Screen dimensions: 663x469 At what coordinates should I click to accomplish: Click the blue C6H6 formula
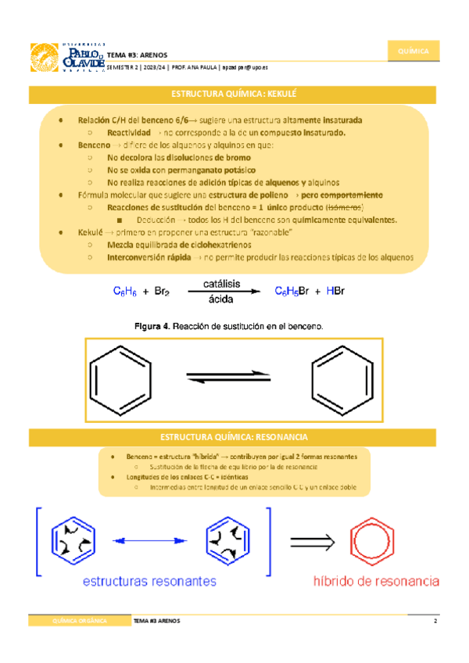click(125, 292)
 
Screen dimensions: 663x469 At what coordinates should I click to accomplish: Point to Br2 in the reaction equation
click(161, 292)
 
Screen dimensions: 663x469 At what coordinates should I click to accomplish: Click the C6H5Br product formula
click(292, 292)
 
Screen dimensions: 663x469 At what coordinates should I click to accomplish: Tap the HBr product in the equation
click(335, 292)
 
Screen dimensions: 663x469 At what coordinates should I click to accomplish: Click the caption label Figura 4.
click(152, 325)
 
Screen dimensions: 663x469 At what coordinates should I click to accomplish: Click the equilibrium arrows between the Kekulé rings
click(231, 378)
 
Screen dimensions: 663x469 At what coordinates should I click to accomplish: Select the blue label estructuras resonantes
click(150, 582)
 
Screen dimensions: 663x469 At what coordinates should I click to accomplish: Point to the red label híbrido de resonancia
click(375, 582)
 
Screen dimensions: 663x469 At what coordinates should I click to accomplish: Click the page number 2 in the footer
click(435, 621)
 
